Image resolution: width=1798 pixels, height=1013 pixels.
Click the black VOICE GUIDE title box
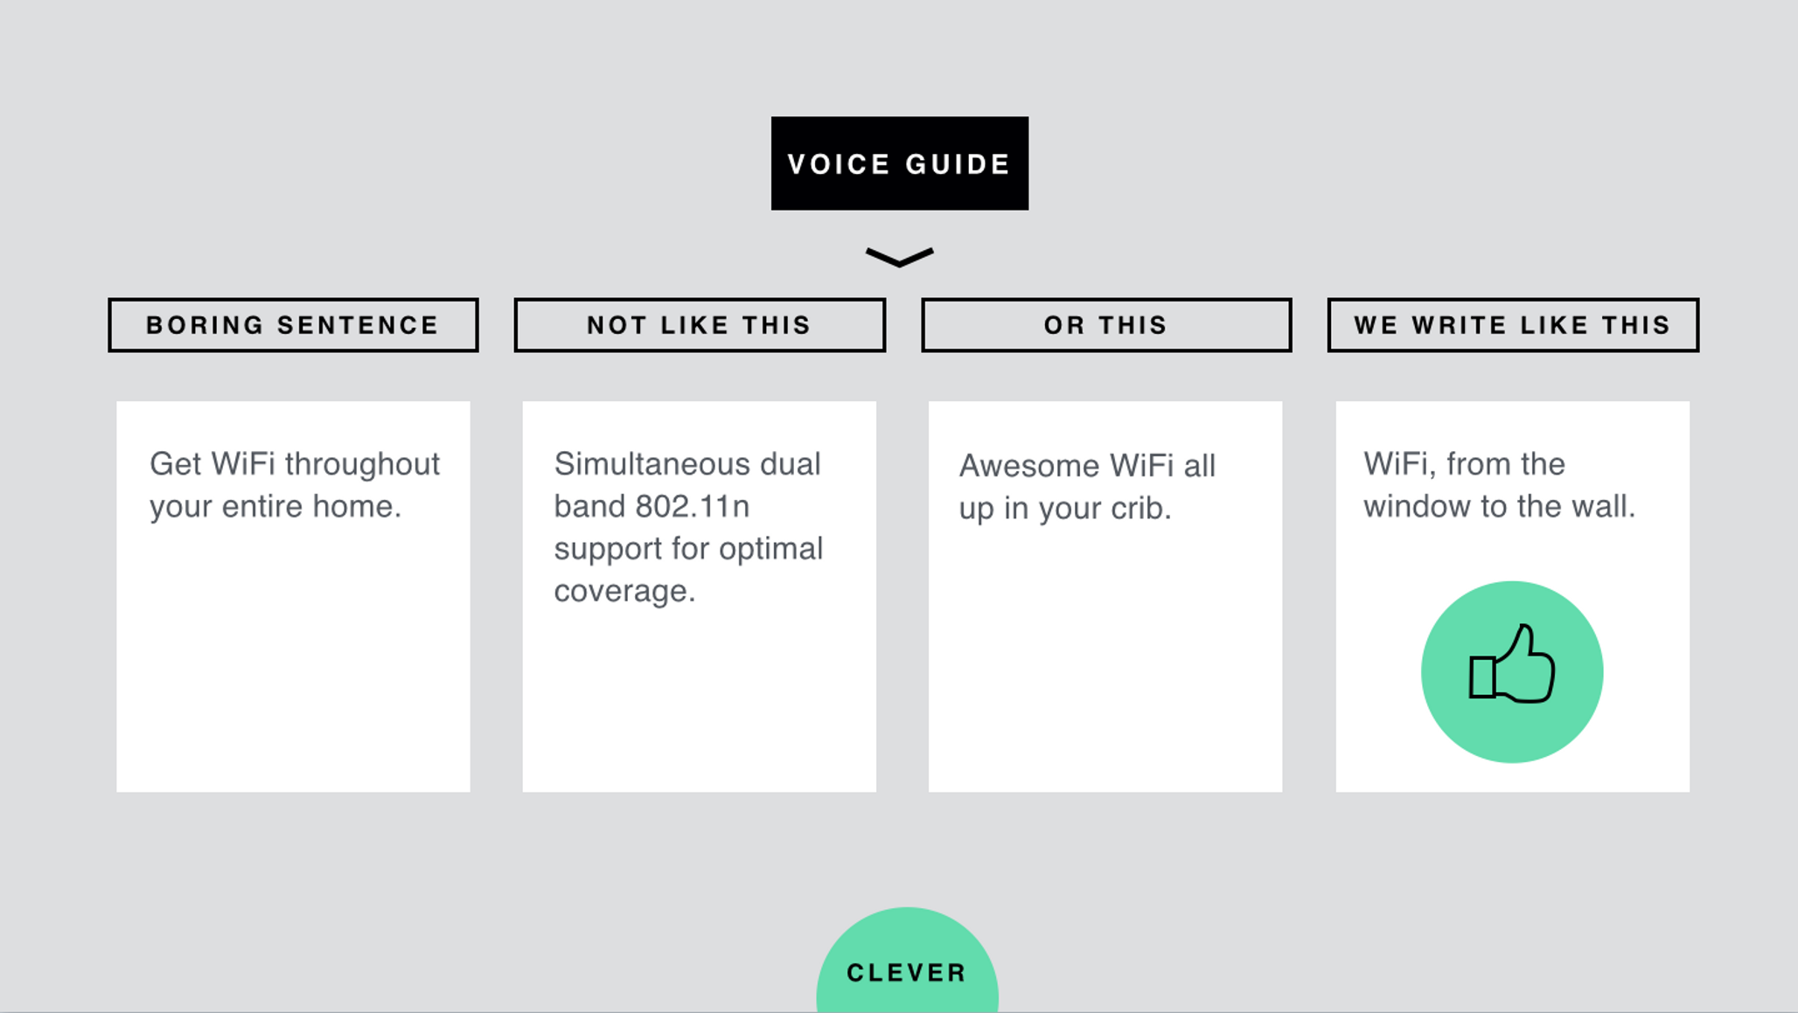coord(899,163)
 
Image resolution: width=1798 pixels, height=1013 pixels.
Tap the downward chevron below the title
coord(899,257)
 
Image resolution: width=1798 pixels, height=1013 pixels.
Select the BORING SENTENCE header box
coord(293,325)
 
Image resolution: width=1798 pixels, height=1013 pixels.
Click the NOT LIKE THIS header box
coord(700,325)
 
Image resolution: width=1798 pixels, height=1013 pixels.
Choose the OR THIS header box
coord(1106,325)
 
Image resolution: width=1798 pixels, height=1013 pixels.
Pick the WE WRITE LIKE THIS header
coord(1513,325)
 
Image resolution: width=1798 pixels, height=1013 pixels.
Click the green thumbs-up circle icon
coord(1512,671)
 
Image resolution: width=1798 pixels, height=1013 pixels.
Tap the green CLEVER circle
coord(907,966)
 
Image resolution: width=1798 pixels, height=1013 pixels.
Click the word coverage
coord(624,591)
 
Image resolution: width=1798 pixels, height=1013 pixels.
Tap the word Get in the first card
coord(176,464)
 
